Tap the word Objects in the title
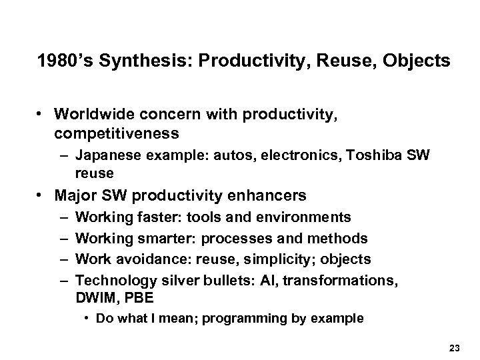point(418,62)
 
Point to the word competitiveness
point(117,134)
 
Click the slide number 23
point(455,346)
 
